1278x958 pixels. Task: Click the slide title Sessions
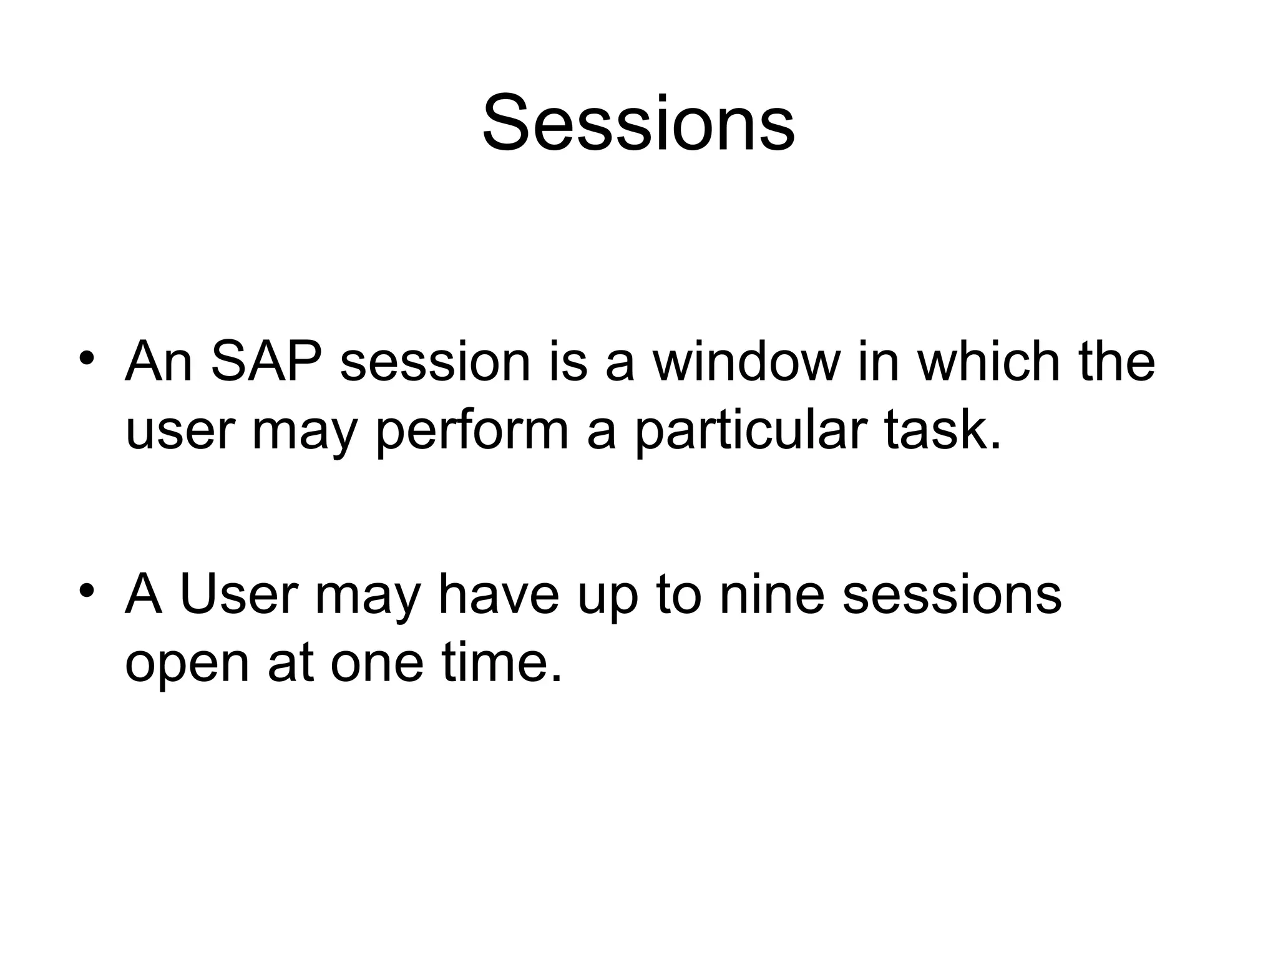[x=638, y=123]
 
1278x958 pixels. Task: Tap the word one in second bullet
[x=377, y=662]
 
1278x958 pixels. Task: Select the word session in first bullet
[x=435, y=362]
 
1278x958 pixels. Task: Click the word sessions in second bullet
[x=952, y=594]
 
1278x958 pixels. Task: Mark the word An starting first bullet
[x=159, y=362]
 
